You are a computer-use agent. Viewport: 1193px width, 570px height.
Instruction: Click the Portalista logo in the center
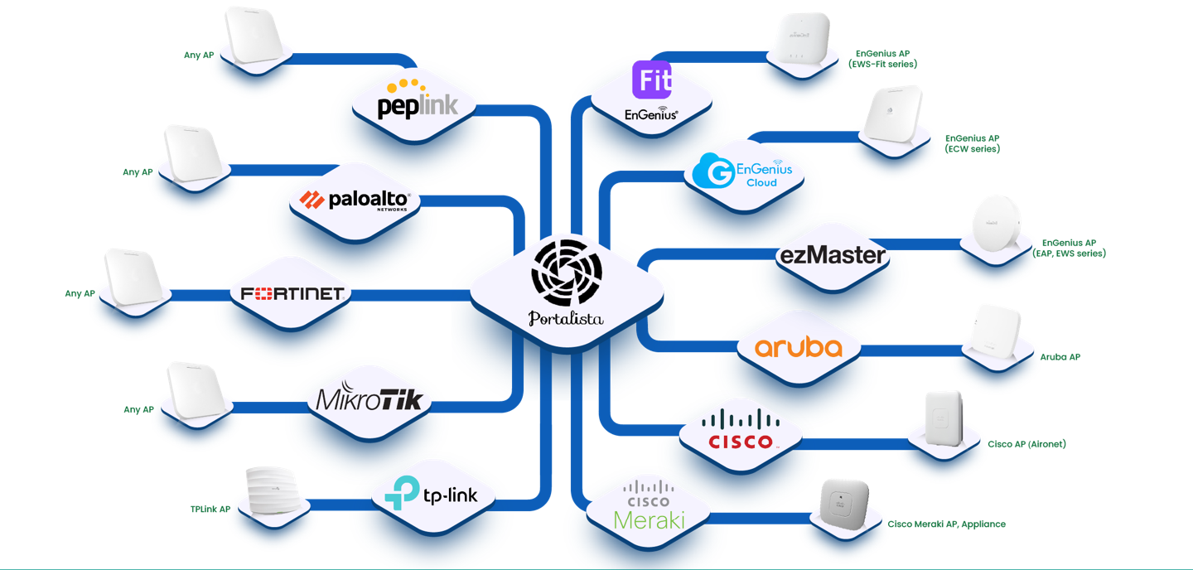tap(567, 282)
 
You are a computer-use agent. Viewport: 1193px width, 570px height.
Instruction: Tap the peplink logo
tap(417, 100)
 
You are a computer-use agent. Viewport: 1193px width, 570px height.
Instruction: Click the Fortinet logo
tap(292, 293)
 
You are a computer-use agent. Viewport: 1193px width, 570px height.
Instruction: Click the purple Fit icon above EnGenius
tap(652, 80)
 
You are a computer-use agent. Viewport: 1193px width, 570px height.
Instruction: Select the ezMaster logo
tap(832, 255)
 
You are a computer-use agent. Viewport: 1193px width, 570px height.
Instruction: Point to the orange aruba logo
tap(799, 347)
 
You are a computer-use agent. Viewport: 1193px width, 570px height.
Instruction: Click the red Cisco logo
tap(741, 430)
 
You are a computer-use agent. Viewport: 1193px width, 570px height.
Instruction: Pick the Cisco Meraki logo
tap(649, 505)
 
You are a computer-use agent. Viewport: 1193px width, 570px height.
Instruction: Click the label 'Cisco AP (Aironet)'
tap(1026, 444)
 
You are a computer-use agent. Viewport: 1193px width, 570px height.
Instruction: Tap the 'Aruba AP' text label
tap(1060, 357)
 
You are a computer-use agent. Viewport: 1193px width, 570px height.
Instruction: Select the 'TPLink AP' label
tap(210, 510)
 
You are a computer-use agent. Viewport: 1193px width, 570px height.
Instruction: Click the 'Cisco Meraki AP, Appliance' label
tap(946, 524)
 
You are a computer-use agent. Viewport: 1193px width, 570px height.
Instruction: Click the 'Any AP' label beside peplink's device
tap(199, 56)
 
